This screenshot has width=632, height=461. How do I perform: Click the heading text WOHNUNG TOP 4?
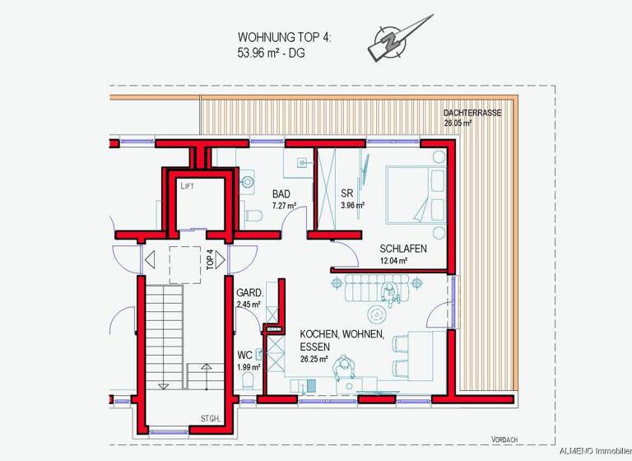[x=284, y=37]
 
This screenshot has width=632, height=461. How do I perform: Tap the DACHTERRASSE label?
[x=472, y=113]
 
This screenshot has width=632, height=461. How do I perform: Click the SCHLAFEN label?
[x=403, y=249]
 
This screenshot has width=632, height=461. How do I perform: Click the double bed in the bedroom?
[x=415, y=193]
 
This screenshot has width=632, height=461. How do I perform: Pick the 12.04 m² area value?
[x=394, y=261]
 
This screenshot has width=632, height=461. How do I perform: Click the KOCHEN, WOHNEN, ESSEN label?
[x=341, y=340]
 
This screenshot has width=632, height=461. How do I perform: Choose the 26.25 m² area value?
[x=314, y=359]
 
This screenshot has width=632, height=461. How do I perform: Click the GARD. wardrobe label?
[x=249, y=292]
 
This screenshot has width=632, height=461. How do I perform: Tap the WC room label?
[x=244, y=356]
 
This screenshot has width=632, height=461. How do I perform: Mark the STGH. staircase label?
[x=211, y=419]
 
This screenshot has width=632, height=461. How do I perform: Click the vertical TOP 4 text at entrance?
[x=210, y=260]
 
